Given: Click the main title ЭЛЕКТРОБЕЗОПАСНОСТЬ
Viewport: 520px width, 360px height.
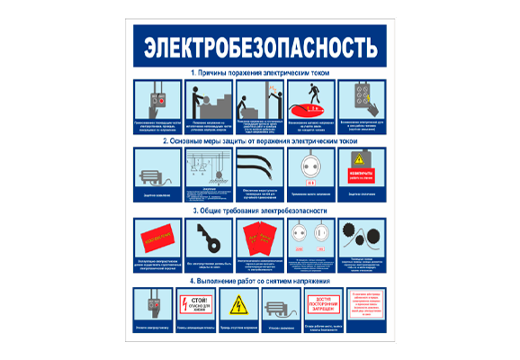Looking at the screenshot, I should [x=260, y=43].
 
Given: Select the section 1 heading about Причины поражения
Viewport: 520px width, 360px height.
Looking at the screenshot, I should [x=260, y=71].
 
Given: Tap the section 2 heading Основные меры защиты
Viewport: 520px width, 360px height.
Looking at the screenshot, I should [x=260, y=141].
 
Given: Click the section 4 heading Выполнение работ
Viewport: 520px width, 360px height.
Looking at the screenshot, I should [x=260, y=280].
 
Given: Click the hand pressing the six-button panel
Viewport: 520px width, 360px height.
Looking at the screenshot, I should [x=363, y=100].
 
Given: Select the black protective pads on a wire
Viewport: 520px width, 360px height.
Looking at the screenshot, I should [x=363, y=238].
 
